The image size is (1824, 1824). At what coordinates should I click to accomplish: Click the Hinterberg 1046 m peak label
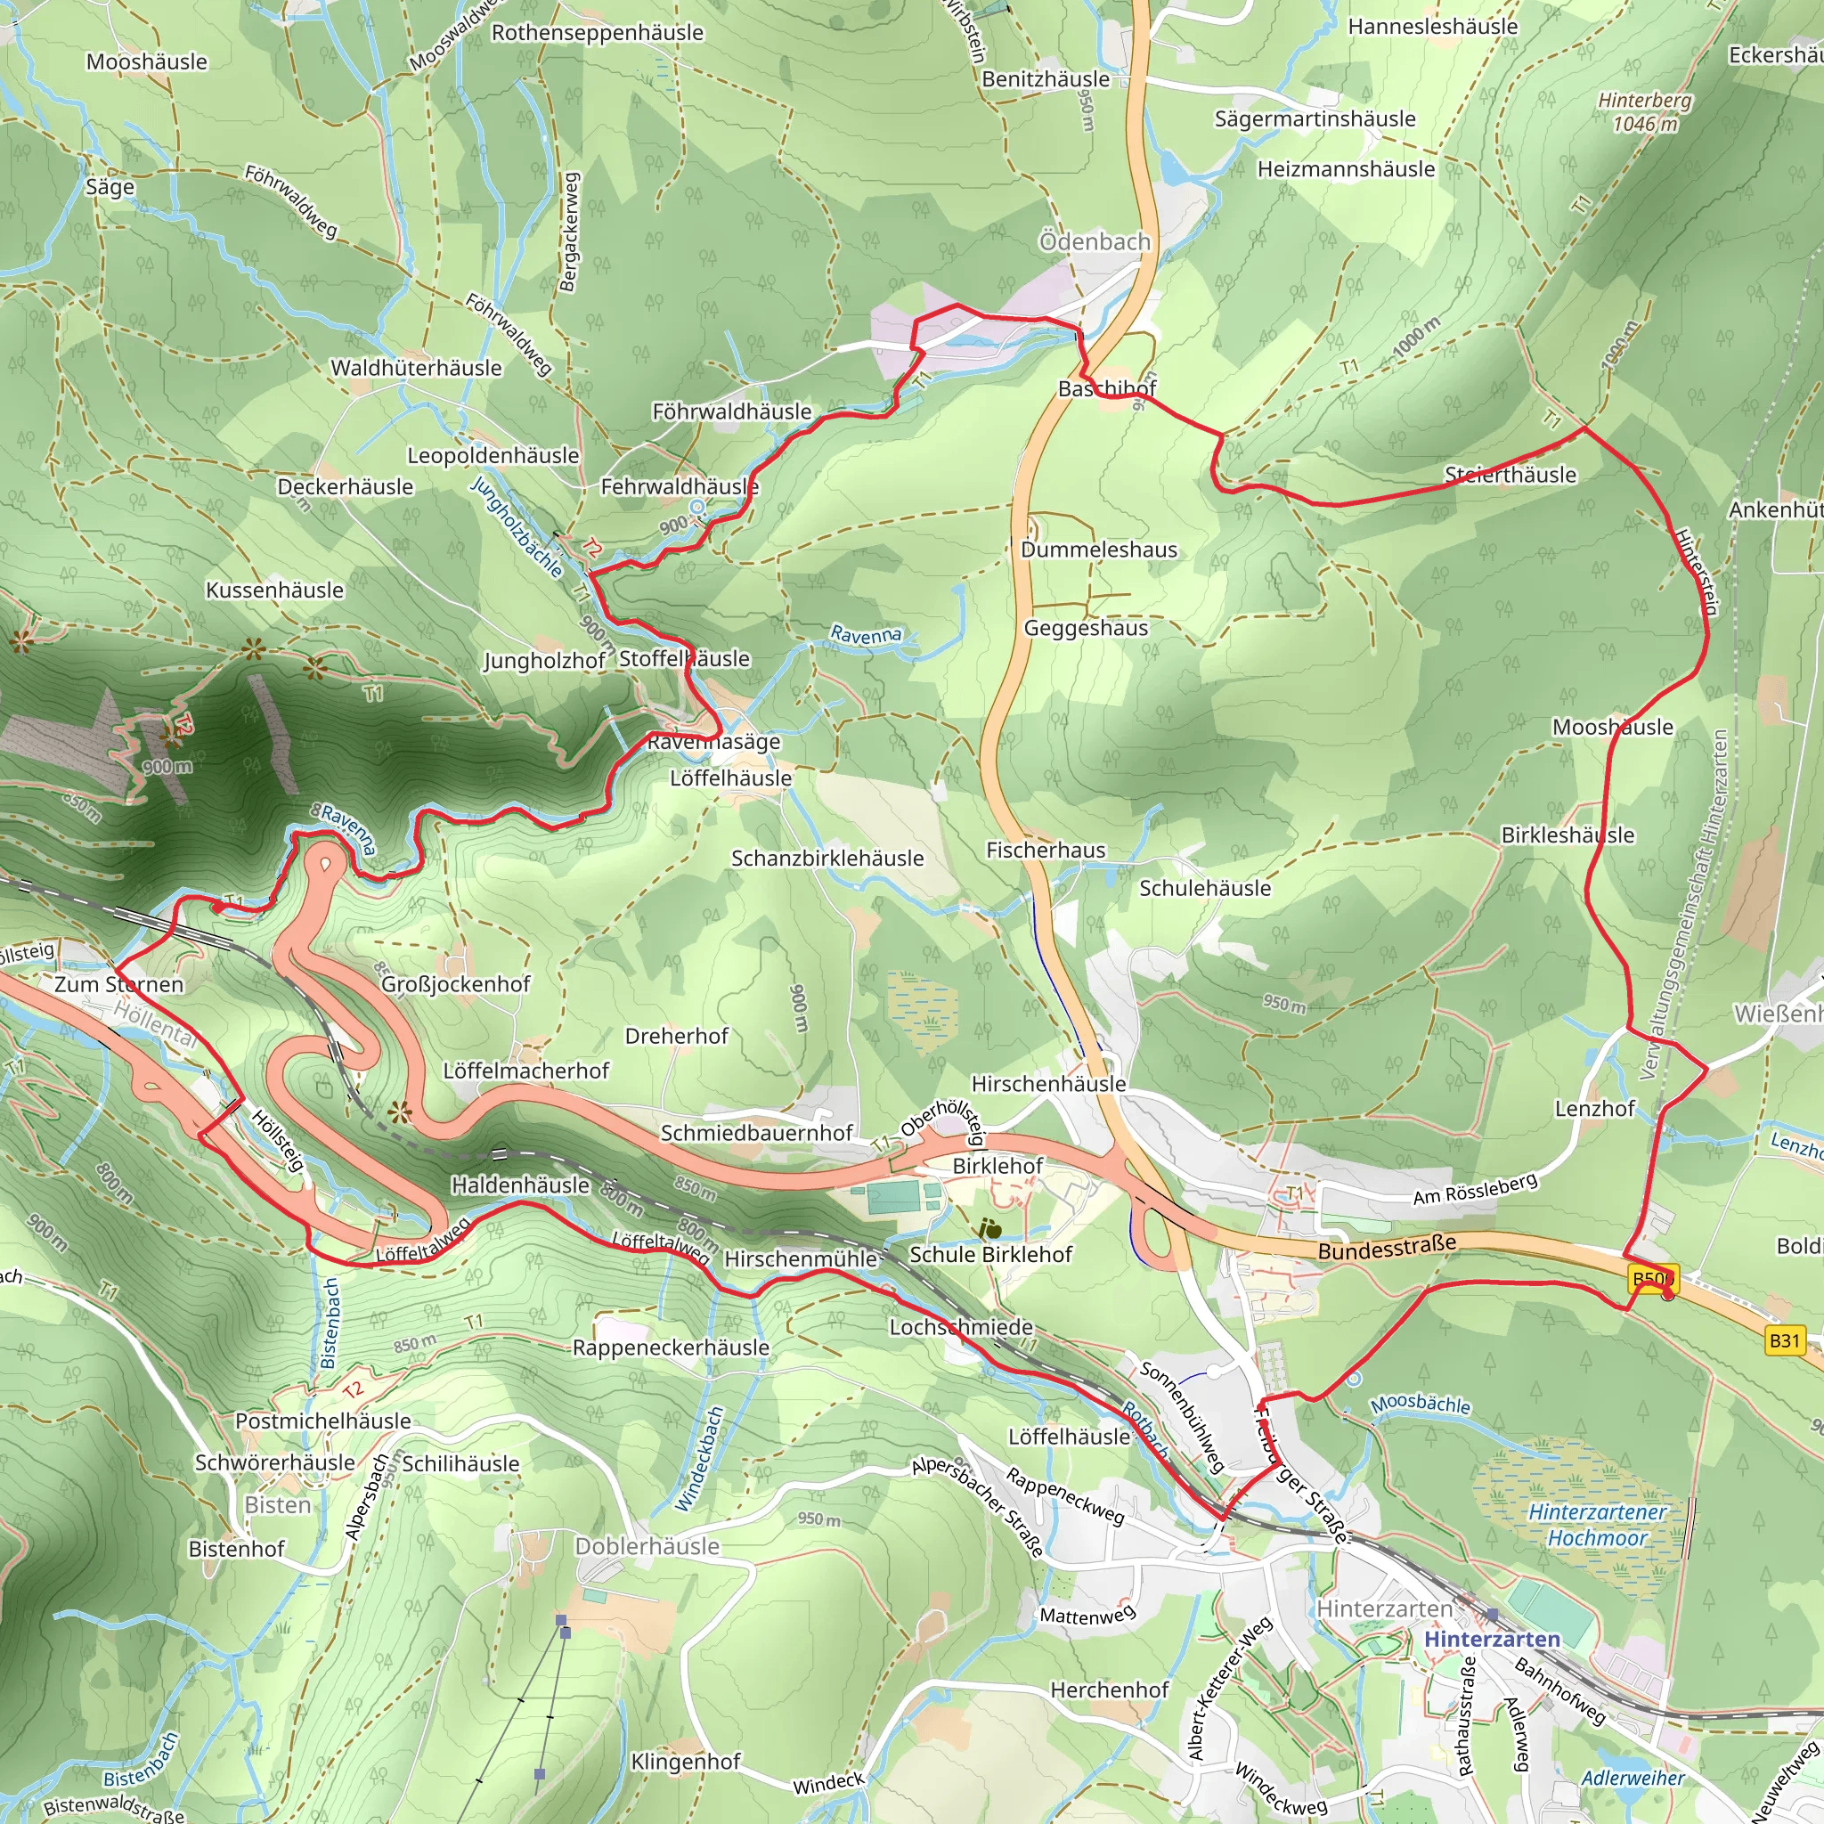(1645, 112)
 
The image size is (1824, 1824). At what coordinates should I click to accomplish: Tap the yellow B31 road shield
(1784, 1339)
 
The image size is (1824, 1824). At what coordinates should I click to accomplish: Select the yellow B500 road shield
(1653, 1279)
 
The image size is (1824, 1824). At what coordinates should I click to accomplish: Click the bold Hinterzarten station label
(1492, 1639)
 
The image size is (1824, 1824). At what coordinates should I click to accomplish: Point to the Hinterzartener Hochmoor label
(1598, 1525)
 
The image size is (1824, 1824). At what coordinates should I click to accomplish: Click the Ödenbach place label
(1095, 241)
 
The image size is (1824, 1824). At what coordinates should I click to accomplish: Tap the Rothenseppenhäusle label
(598, 33)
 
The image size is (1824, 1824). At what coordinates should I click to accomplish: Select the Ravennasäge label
(713, 742)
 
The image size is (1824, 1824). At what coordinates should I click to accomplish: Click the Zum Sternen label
(119, 985)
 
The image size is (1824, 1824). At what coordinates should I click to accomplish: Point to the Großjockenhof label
(456, 984)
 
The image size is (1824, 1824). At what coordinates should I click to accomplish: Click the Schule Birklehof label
(990, 1255)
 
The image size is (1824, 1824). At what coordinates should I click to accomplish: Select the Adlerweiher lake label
(1633, 1779)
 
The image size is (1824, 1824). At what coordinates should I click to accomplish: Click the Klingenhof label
(686, 1762)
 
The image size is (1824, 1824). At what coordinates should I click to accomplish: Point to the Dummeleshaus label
(1099, 550)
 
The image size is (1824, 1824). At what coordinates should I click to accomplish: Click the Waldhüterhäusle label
(416, 368)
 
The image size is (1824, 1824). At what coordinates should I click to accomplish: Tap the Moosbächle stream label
(1421, 1405)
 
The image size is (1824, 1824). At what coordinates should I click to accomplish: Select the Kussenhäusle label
(274, 590)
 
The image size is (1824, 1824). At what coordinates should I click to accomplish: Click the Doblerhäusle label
(647, 1546)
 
